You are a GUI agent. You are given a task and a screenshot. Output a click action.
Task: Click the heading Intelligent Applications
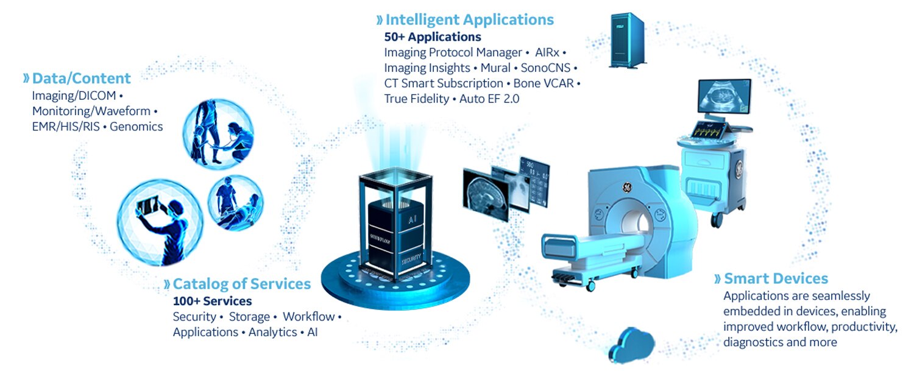pos(469,19)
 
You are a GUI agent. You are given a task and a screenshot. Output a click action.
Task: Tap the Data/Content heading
pos(81,78)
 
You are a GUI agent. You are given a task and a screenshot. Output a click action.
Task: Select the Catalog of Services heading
pos(241,284)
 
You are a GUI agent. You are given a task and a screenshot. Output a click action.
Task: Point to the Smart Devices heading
pos(776,279)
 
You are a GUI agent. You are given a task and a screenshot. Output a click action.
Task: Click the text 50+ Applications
pos(433,37)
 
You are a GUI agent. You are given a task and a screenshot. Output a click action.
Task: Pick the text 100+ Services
pos(212,301)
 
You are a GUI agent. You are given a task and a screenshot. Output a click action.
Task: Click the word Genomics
pos(136,127)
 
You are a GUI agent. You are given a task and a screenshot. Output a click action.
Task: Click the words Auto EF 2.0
pos(489,99)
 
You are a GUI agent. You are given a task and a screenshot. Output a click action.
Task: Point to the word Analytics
pos(272,332)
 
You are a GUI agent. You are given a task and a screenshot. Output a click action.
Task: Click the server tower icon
pos(627,41)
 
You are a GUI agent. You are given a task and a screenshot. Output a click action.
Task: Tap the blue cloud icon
pos(633,345)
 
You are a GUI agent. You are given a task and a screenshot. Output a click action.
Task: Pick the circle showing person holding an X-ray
pos(160,221)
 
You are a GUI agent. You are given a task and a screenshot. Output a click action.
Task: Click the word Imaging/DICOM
pos(73,96)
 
